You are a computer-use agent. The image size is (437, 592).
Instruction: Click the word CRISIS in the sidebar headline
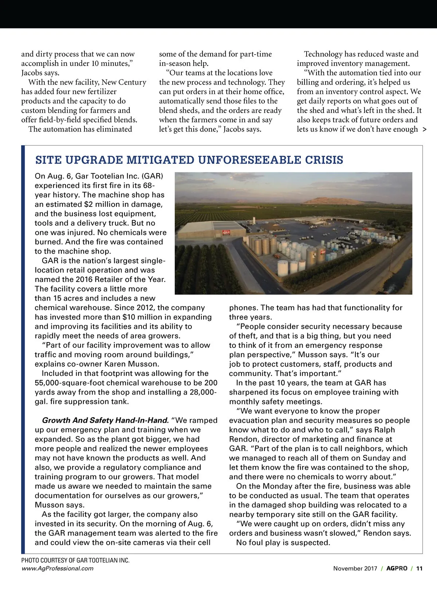(324, 160)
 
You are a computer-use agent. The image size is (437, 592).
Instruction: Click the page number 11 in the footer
(419, 568)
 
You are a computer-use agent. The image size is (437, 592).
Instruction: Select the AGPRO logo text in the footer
(397, 568)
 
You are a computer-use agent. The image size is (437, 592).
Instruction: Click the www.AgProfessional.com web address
(57, 568)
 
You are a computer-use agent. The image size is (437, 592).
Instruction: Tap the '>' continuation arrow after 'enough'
(425, 129)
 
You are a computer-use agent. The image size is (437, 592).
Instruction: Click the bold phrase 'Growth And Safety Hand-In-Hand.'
(105, 420)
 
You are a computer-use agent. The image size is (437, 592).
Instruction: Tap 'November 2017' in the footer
(355, 568)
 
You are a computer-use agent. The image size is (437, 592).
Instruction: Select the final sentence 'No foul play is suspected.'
(283, 542)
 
